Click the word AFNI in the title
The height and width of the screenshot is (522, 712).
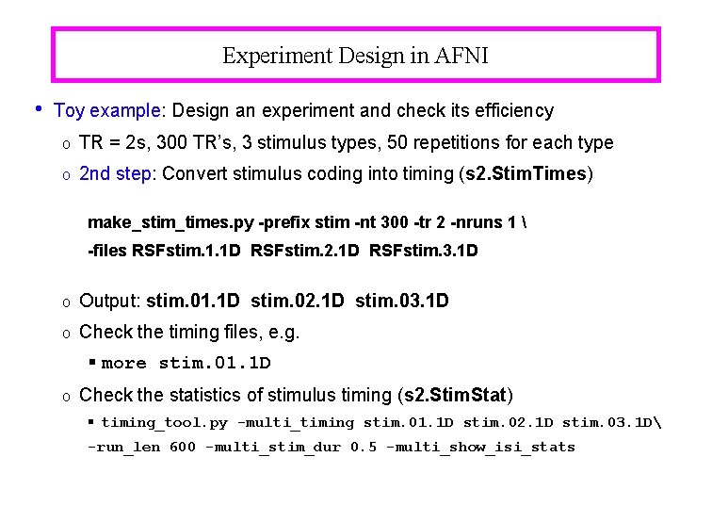tap(461, 56)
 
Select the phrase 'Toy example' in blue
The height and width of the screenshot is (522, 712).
tap(107, 111)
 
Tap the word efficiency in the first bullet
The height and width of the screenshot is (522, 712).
tap(516, 111)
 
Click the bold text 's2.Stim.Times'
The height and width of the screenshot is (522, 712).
tap(534, 174)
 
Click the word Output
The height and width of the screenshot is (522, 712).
tap(110, 302)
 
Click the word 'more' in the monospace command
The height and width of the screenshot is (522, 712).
tap(123, 364)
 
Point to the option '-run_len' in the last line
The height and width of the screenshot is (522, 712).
tap(123, 448)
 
